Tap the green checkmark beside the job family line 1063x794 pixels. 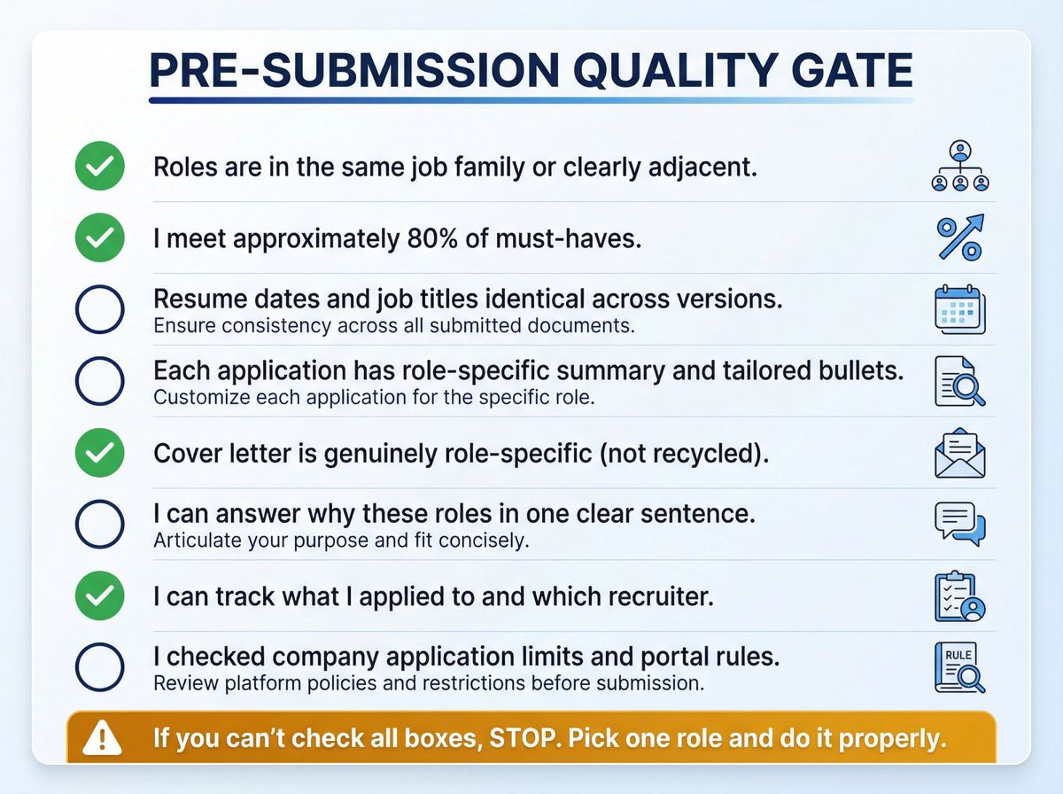[x=100, y=167]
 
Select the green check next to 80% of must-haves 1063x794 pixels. [x=100, y=238]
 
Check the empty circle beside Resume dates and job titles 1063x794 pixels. [x=100, y=310]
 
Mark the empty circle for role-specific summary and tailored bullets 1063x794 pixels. [x=100, y=381]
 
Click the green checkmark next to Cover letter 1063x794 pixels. [x=100, y=453]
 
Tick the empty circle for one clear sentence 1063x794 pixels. [x=100, y=525]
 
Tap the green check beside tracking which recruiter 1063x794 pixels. [x=100, y=596]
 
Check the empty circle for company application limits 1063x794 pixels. [x=100, y=668]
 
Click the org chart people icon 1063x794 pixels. [x=960, y=167]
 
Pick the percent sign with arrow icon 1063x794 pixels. [x=960, y=238]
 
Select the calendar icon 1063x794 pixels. [x=960, y=310]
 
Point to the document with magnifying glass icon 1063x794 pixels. [x=960, y=382]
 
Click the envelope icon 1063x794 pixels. [x=960, y=454]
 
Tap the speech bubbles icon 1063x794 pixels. [x=960, y=525]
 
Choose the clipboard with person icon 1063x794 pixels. [x=960, y=597]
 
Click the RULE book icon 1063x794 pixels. [x=960, y=668]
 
